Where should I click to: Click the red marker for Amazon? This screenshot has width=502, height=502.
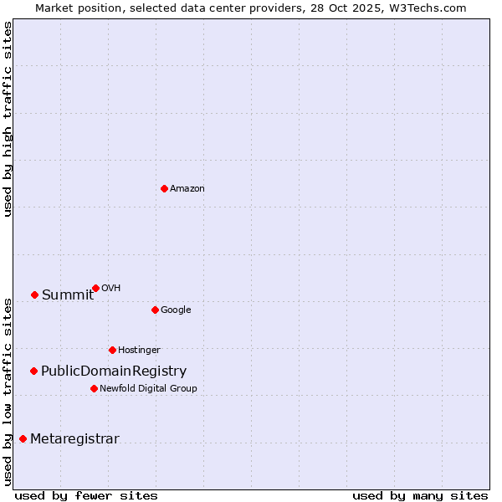pos(164,188)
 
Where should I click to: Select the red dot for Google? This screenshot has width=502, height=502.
pos(155,310)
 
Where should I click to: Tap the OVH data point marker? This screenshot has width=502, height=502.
pos(95,288)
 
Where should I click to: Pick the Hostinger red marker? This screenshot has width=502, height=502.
pos(112,350)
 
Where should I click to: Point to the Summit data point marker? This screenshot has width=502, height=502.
pos(34,295)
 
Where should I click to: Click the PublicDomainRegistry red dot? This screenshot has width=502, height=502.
pos(33,371)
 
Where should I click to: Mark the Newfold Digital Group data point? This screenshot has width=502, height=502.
pos(94,388)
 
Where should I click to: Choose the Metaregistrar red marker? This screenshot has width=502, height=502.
pos(23,438)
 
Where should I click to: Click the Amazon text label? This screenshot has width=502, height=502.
pos(187,188)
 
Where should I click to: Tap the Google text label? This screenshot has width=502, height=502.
pos(176,310)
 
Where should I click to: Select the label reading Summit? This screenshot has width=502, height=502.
pos(68,295)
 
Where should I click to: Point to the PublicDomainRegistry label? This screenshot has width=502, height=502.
pos(114,371)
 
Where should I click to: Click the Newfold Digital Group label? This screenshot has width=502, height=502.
pos(148,388)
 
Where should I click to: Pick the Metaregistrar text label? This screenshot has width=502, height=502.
pos(74,438)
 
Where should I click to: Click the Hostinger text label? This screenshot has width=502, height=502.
pos(139,350)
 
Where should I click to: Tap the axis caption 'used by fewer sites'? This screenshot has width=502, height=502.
pos(86,495)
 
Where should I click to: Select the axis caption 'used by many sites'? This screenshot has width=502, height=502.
pos(420,495)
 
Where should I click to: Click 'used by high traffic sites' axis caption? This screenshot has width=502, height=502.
pos(8,120)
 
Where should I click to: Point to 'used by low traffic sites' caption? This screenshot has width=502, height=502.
pos(8,392)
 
